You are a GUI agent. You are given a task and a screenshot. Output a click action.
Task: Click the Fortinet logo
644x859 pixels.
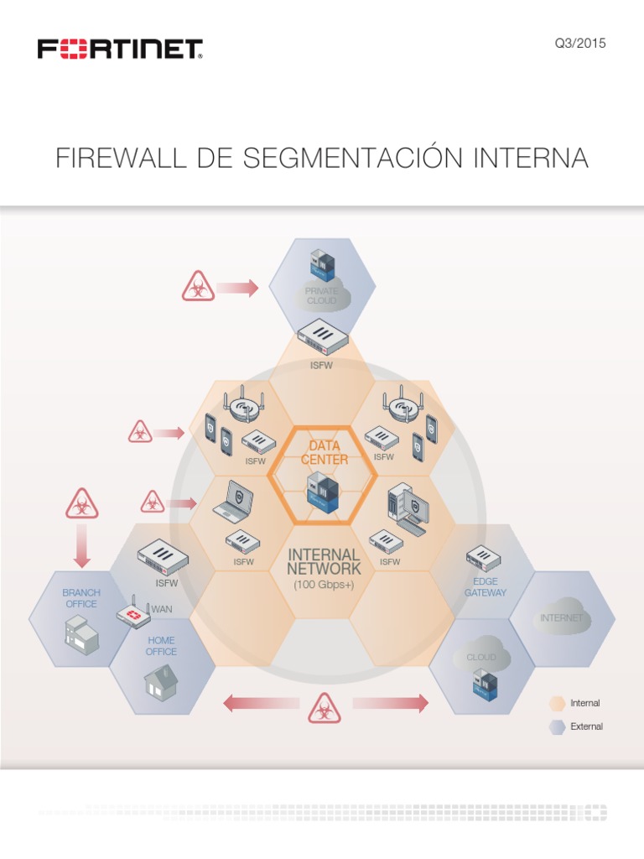pos(120,49)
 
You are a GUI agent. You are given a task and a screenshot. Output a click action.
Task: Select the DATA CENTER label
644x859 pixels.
pos(325,452)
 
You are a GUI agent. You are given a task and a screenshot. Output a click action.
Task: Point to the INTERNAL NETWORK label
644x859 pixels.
pos(324,562)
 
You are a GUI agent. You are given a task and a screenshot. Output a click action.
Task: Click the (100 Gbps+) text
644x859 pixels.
pos(324,584)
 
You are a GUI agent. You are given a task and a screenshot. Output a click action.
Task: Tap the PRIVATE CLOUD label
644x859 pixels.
pos(321,295)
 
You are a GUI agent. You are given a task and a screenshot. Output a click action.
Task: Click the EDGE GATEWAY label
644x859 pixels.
pos(486,586)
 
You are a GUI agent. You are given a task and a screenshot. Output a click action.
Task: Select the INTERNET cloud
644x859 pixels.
pos(562,616)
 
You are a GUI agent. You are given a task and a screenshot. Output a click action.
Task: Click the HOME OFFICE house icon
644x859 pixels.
pos(160,680)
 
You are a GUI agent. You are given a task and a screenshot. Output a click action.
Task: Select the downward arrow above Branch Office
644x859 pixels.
pos(81,549)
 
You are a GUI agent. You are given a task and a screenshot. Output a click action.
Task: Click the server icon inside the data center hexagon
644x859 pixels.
pos(324,494)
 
